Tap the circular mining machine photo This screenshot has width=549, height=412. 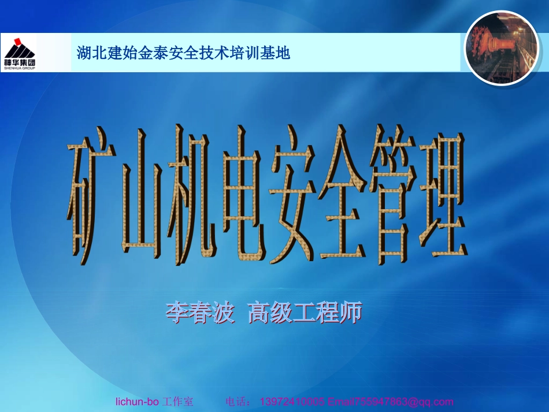[x=502, y=47]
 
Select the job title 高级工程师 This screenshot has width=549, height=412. [x=305, y=313]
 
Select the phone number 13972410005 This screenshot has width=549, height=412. [x=293, y=402]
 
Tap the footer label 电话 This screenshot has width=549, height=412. [x=238, y=402]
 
